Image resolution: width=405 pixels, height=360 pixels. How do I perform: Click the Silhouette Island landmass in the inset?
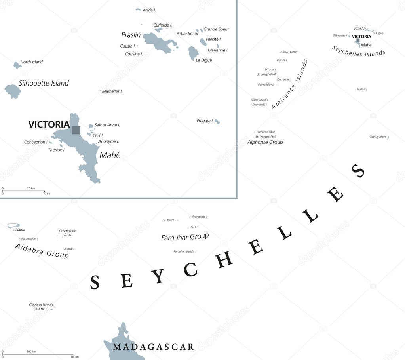coord(13,91)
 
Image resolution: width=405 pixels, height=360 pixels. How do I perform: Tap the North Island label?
coord(31,62)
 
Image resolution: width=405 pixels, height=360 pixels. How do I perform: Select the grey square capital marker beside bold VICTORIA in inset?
coord(76,130)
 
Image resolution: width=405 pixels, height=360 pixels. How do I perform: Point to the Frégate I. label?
coord(205,121)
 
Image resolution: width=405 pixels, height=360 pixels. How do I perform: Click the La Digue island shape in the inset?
coord(193,53)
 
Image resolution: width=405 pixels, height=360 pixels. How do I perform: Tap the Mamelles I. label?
coord(112,91)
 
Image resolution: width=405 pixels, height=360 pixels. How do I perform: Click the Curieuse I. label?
coord(162,25)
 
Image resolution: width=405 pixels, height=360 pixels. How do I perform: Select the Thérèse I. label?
coord(56,150)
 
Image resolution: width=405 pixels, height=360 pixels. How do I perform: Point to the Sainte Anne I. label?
coord(107,125)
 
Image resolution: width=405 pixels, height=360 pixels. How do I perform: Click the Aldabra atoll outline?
coord(13,226)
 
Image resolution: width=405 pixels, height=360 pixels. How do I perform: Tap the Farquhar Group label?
coord(184,237)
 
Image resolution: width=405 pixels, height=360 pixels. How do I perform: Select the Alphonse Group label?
coord(265,142)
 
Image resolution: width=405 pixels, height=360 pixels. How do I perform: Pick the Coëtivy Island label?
coord(378,137)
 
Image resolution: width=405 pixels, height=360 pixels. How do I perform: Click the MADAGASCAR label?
coord(153,347)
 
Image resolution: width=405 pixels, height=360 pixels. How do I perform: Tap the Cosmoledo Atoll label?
coord(67,233)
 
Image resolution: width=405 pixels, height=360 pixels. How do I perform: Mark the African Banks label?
coord(289,52)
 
